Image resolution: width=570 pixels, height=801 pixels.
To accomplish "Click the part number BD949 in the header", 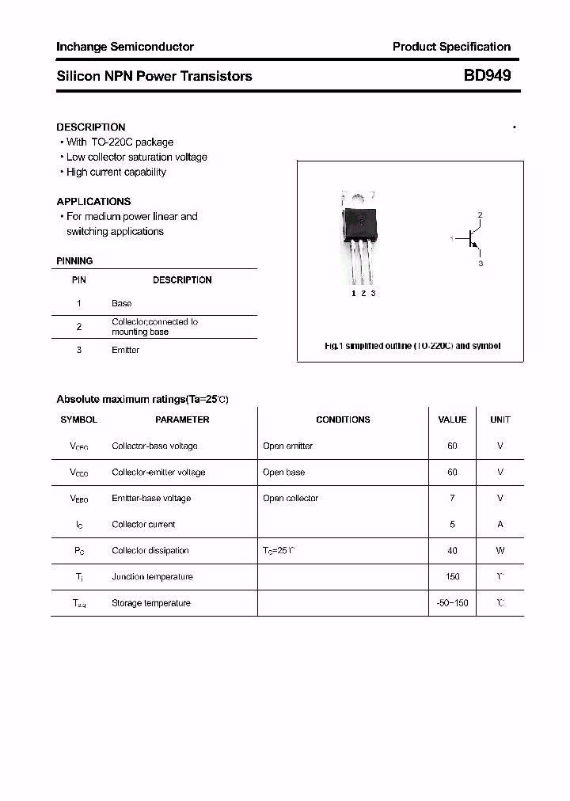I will click(x=487, y=76).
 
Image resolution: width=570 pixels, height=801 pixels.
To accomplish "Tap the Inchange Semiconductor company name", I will click(x=125, y=47).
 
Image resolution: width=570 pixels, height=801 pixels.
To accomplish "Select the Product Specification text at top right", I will click(x=451, y=47).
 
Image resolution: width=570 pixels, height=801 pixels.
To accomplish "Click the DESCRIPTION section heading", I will click(x=91, y=127).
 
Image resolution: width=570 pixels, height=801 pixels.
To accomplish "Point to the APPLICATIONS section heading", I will click(x=93, y=201).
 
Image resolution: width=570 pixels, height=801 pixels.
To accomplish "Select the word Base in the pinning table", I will click(x=122, y=303).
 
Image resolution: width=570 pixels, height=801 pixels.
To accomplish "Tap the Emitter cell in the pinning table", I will click(x=125, y=350).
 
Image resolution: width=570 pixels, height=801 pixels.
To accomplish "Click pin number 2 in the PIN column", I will click(x=79, y=327).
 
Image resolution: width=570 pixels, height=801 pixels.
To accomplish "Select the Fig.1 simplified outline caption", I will click(x=412, y=346).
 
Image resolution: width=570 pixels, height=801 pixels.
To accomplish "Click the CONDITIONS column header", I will click(x=343, y=419).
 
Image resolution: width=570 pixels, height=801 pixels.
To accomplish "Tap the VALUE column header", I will click(x=452, y=419).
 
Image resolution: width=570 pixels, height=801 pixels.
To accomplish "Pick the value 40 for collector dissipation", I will click(x=452, y=550).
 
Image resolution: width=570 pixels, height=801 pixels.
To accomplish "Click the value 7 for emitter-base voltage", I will click(x=452, y=498).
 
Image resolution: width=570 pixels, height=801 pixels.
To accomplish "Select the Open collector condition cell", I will click(x=291, y=498).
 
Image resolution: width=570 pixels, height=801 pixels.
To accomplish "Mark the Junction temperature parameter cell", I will click(x=152, y=576).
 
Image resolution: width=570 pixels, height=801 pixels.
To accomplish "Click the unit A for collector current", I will click(x=500, y=524).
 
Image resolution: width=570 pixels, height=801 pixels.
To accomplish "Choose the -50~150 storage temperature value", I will click(x=452, y=602).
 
